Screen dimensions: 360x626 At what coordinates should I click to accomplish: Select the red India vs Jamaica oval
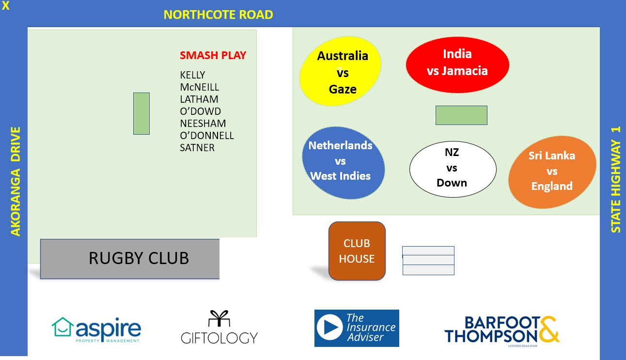tap(457, 63)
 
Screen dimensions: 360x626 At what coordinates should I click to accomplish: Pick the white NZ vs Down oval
tap(453, 168)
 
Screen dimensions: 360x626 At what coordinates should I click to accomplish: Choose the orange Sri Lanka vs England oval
tap(552, 171)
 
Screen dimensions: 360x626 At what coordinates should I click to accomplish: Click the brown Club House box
tap(357, 251)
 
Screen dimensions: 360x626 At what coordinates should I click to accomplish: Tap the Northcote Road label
tap(218, 15)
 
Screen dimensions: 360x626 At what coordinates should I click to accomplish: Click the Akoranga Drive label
tap(16, 181)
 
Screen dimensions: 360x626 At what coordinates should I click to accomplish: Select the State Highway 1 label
tap(615, 179)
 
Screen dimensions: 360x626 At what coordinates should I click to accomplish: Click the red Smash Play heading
tap(213, 55)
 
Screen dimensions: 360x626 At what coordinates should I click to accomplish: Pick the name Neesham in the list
tap(203, 124)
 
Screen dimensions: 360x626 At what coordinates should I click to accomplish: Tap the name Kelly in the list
tap(192, 75)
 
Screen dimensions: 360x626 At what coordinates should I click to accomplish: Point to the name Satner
tap(197, 148)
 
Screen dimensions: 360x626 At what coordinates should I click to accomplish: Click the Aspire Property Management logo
tap(96, 329)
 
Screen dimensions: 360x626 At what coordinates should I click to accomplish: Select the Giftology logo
tap(219, 328)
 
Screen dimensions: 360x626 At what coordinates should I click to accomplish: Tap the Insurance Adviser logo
tap(357, 328)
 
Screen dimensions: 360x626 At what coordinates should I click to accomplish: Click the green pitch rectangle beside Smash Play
tap(141, 113)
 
